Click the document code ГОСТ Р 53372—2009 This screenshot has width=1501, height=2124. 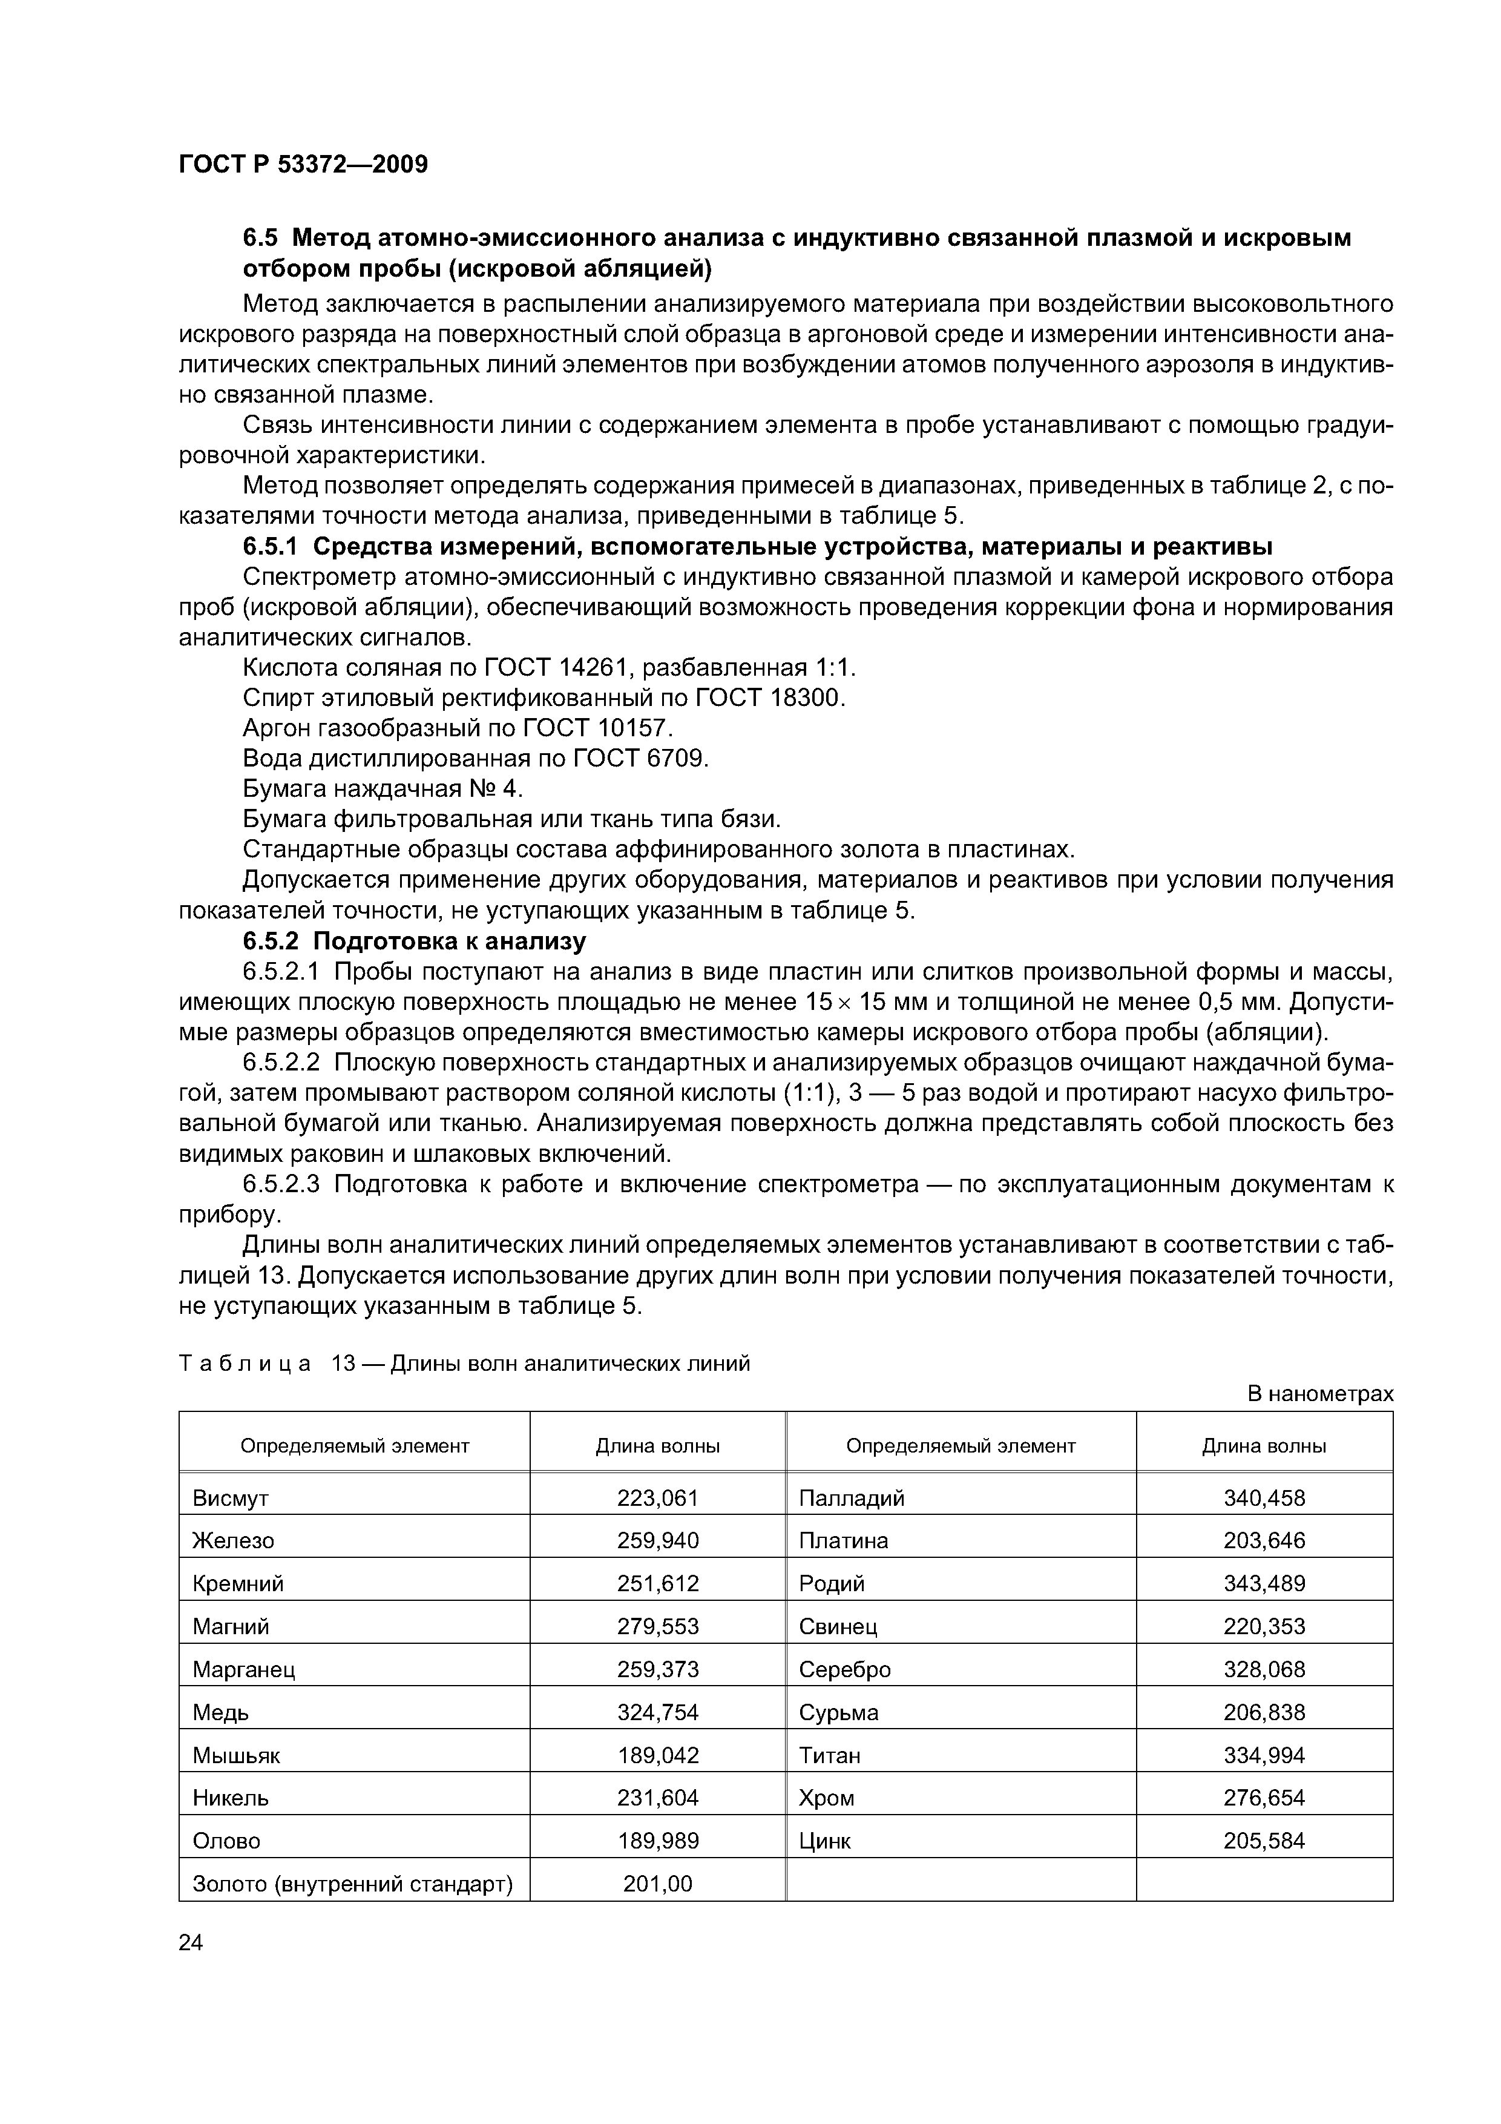(x=303, y=165)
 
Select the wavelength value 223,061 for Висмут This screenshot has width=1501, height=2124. (x=657, y=1498)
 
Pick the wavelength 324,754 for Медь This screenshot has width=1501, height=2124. (x=657, y=1712)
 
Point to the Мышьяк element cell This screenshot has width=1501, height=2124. (x=236, y=1755)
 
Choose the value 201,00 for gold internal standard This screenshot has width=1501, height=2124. (x=657, y=1884)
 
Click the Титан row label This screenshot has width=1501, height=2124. (x=830, y=1755)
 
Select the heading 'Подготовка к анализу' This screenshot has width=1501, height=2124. (x=450, y=942)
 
